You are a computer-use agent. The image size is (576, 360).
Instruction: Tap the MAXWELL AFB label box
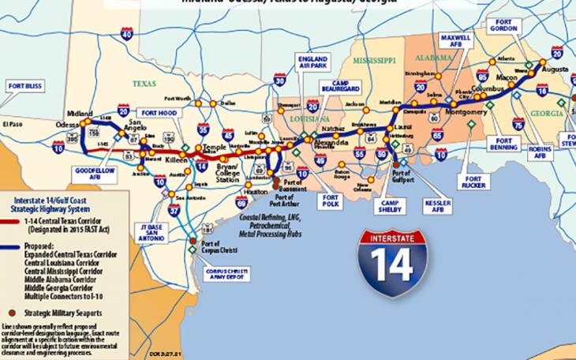(455, 41)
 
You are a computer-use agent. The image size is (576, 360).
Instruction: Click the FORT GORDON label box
(503, 24)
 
